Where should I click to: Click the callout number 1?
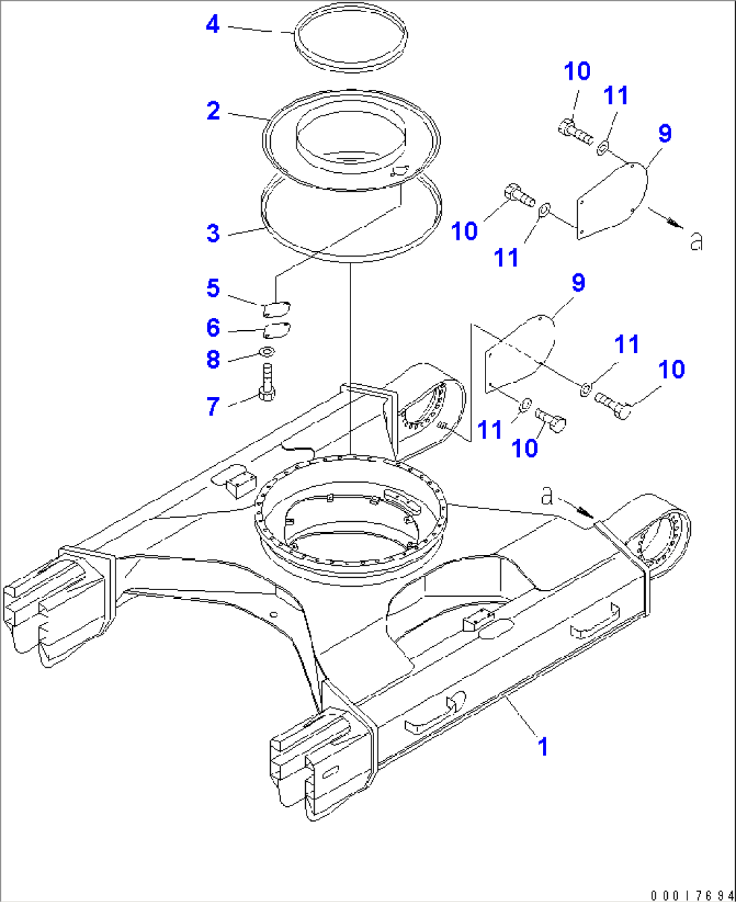(542, 747)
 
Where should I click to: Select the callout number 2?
(213, 111)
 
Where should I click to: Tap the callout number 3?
(213, 234)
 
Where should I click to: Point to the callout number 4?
(213, 25)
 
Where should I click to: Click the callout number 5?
(213, 288)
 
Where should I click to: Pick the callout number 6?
(213, 328)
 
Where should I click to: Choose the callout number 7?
(213, 406)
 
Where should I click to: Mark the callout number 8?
(213, 360)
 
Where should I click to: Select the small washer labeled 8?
(267, 350)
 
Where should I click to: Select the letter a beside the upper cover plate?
(696, 240)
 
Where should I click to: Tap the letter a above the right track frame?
(548, 496)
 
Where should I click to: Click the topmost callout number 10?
(577, 71)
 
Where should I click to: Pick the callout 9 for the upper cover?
(665, 134)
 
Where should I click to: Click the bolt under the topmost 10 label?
(575, 131)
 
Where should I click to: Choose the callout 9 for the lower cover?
(579, 284)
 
